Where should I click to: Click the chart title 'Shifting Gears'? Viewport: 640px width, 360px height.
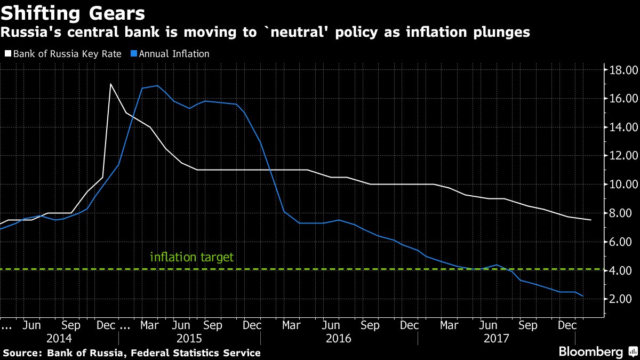point(74,12)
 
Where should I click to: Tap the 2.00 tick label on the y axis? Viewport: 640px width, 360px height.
point(623,299)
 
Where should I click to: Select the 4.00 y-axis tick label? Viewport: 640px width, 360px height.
point(623,270)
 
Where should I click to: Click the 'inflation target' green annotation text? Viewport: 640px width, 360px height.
point(191,257)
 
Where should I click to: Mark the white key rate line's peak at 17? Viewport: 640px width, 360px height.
point(110,84)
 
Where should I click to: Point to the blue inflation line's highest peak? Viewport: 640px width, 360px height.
point(157,85)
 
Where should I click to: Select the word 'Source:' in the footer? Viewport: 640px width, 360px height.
point(23,353)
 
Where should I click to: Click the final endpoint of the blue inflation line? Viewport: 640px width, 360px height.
point(583,296)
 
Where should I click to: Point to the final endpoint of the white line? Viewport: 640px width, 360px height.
point(590,220)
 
